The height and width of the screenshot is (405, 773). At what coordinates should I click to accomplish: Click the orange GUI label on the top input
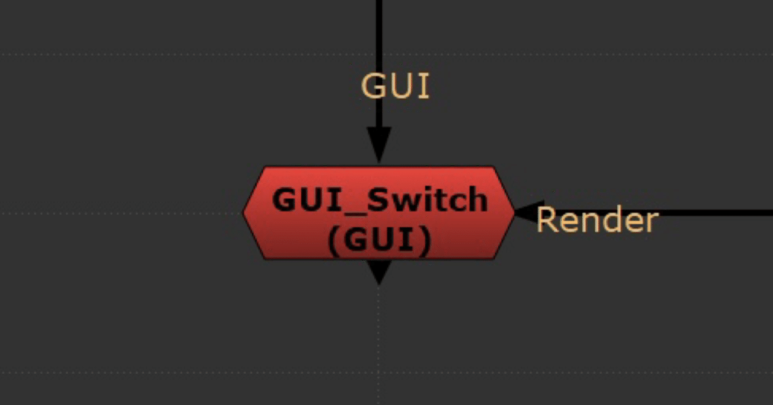(x=395, y=86)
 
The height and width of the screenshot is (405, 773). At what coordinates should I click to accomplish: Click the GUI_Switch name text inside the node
(x=379, y=199)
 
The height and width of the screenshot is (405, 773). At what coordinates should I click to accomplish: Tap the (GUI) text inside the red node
(x=379, y=241)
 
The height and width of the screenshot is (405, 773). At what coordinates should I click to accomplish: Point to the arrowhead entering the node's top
(x=379, y=145)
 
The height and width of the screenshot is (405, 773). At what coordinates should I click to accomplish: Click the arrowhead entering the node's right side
(x=529, y=213)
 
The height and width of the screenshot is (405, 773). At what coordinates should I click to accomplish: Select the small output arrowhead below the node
(x=379, y=272)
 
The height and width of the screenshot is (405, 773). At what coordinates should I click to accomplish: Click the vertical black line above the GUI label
(x=379, y=30)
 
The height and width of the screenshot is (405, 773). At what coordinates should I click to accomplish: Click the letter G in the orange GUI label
(x=374, y=86)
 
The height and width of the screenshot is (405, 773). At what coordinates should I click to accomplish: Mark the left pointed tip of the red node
(x=245, y=213)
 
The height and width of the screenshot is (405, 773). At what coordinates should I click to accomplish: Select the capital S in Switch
(x=381, y=199)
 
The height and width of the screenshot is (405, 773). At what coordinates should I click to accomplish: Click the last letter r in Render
(x=651, y=222)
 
